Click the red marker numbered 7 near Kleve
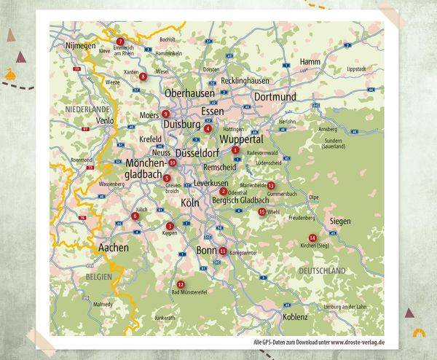coord(121,41)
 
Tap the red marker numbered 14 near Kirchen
coord(312,238)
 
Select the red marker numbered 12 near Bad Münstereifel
coord(181,284)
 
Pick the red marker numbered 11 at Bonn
coord(222,251)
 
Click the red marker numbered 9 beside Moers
coord(166,114)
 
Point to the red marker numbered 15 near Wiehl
coord(261,211)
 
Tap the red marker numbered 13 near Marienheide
coord(270,186)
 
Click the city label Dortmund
coord(275,97)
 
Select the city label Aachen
coord(113,248)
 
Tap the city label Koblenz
coord(296,317)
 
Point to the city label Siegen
coord(339,220)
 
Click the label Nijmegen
coord(81,45)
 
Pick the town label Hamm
coord(310,62)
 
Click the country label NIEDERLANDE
coord(87,108)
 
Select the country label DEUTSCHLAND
coord(321,270)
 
